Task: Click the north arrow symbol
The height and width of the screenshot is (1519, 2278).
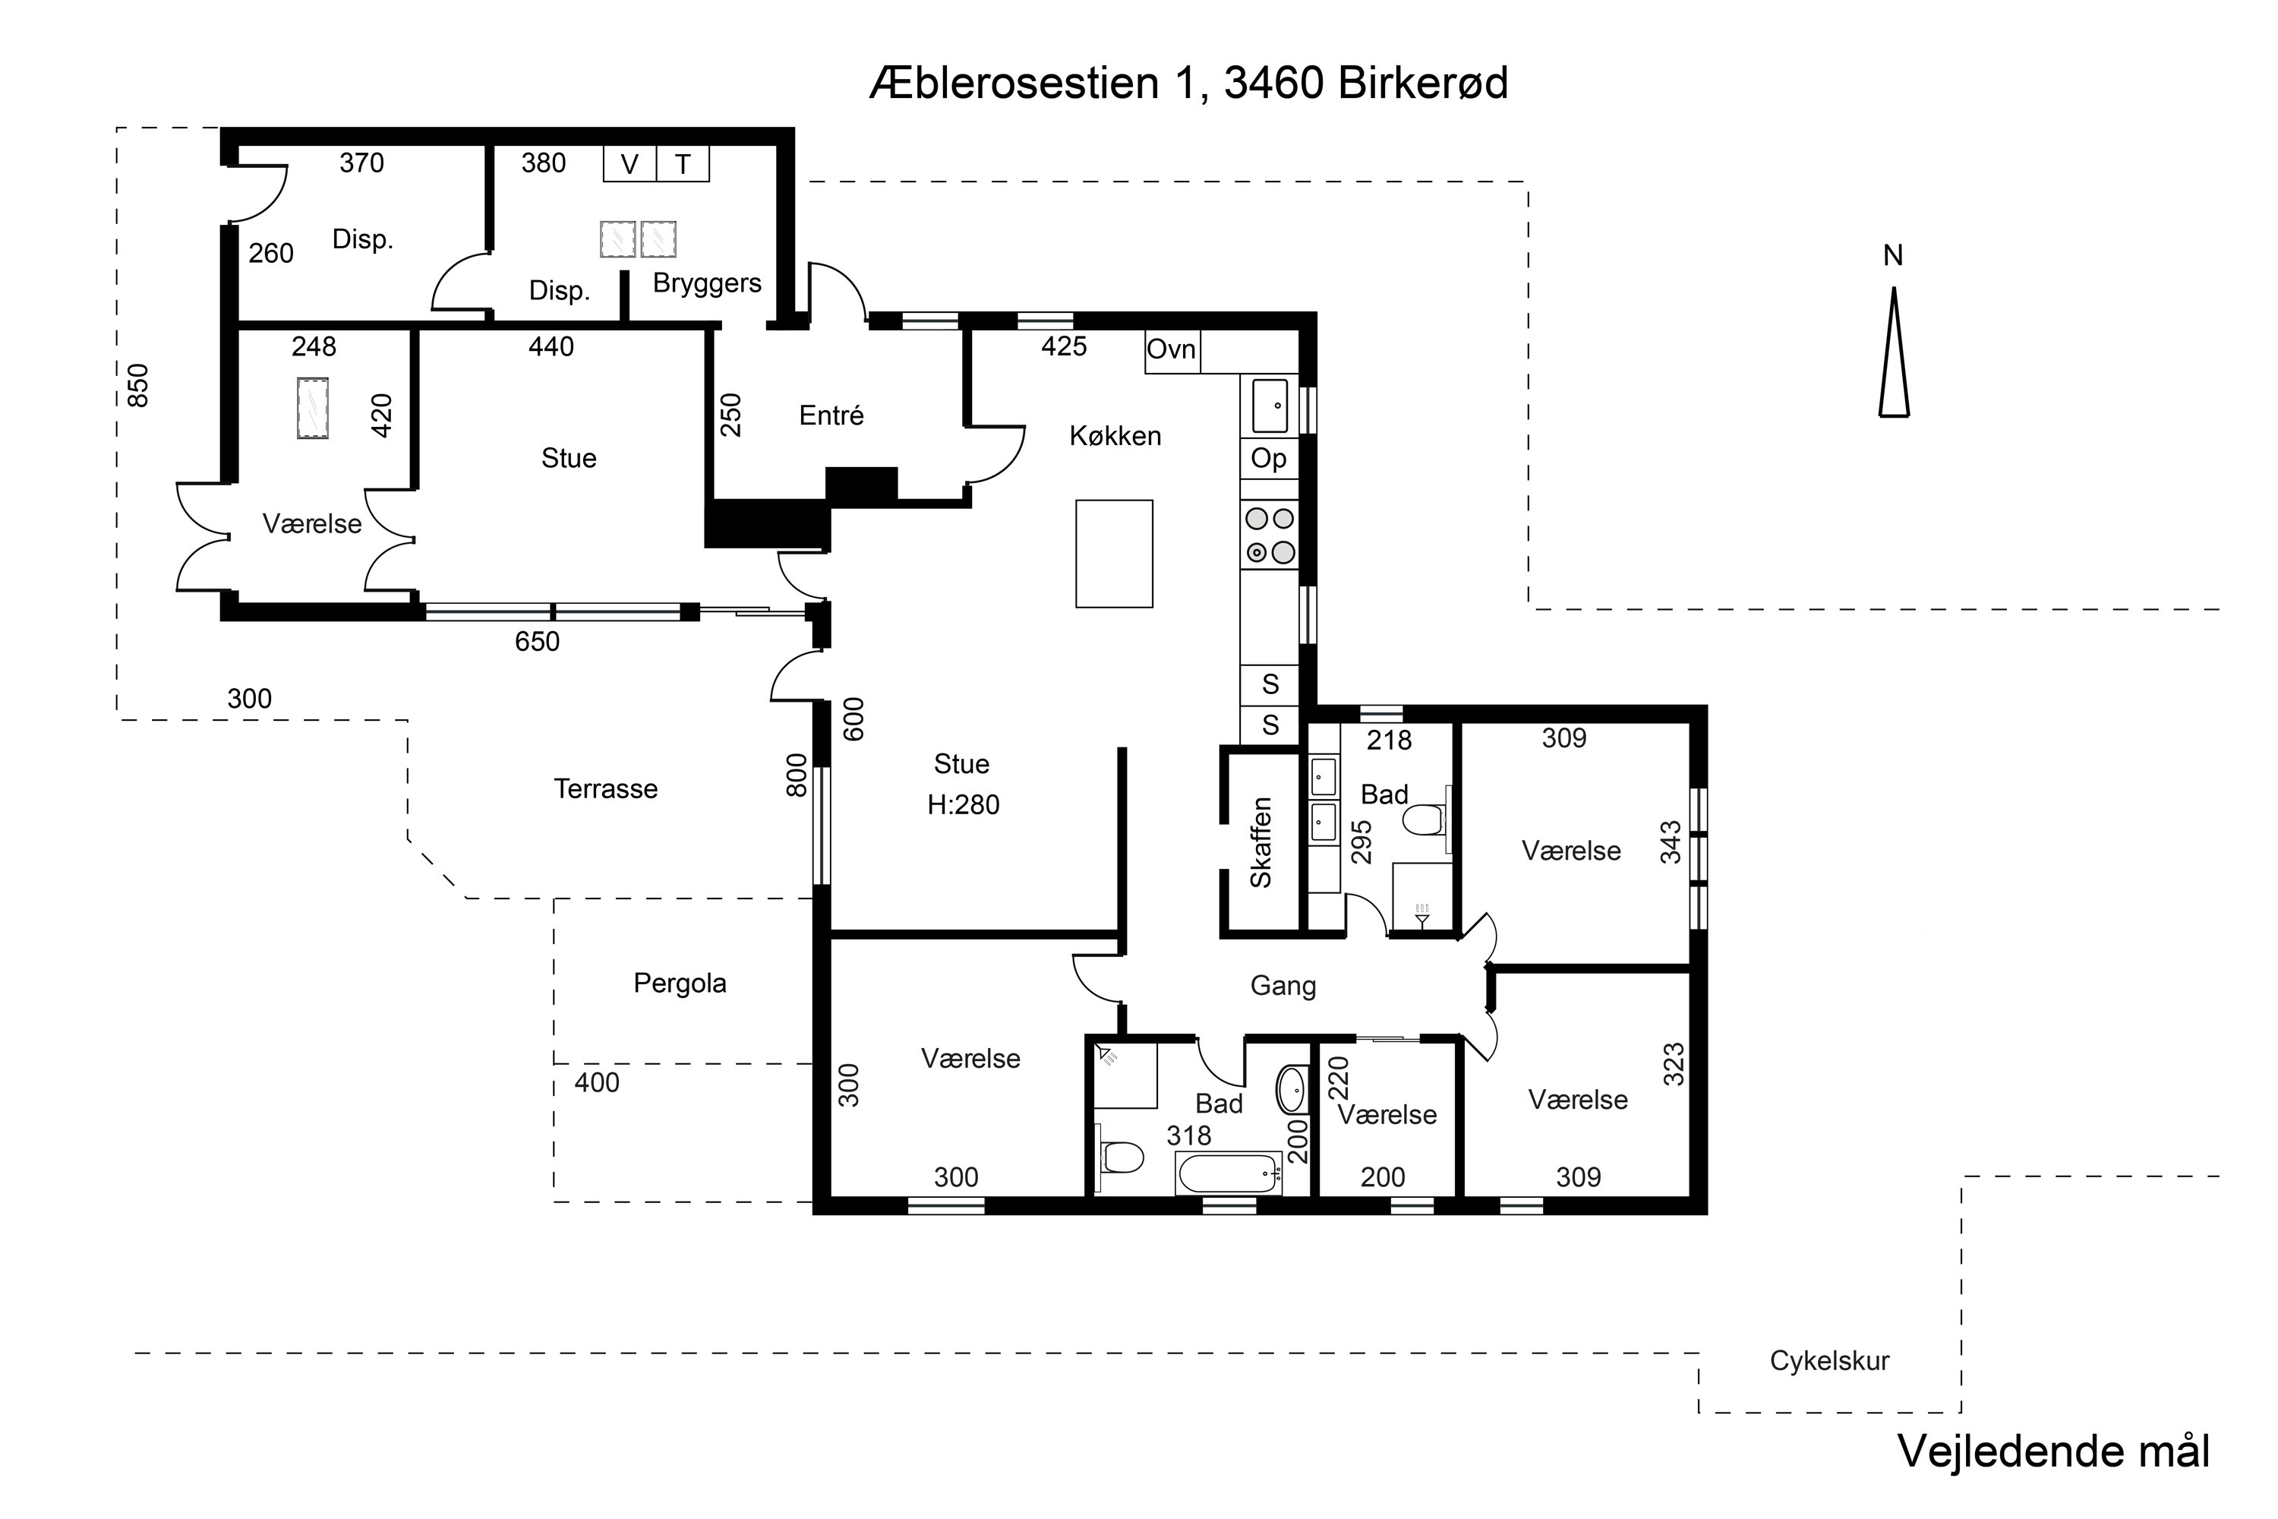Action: click(x=1894, y=354)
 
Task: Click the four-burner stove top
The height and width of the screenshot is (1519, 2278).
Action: click(x=1270, y=535)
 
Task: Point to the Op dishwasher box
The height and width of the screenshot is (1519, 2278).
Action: click(x=1269, y=458)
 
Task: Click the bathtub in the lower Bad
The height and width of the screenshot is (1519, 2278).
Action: click(x=1228, y=1173)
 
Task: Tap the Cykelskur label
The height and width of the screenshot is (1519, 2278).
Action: click(x=1828, y=1361)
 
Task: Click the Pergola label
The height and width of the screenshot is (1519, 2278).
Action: click(x=679, y=984)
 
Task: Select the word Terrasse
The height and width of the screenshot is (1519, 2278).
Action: click(x=605, y=788)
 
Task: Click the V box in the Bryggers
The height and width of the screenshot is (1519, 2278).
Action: click(x=629, y=165)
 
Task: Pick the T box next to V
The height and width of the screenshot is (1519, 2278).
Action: click(x=683, y=165)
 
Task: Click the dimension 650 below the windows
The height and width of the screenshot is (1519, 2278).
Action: click(x=537, y=641)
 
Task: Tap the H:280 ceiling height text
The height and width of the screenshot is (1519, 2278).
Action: click(x=963, y=805)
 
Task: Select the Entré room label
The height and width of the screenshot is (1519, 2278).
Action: click(x=831, y=415)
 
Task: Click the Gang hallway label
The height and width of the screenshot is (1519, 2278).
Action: click(x=1283, y=986)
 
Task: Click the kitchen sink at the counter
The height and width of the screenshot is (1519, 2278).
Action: click(x=1270, y=405)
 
